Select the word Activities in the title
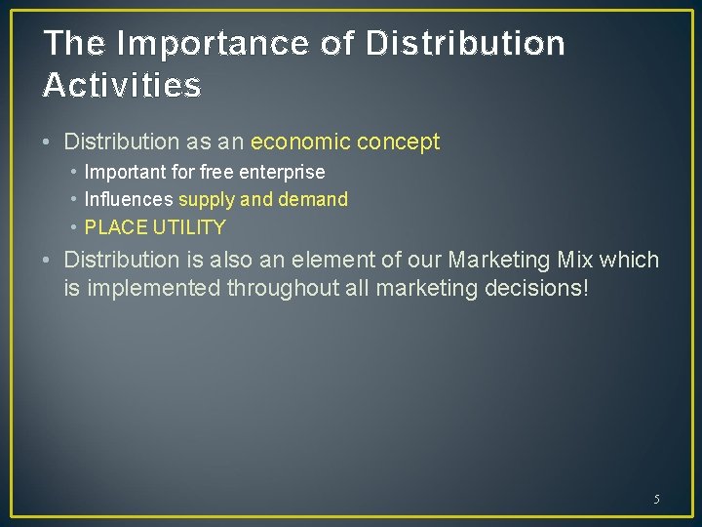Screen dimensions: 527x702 (122, 86)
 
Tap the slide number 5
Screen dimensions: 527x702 (656, 500)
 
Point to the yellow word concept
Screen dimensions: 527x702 (398, 142)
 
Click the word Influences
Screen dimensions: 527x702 (129, 200)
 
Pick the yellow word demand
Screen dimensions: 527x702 (313, 200)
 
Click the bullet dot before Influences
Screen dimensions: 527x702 (73, 200)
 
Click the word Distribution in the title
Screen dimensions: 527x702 (466, 44)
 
